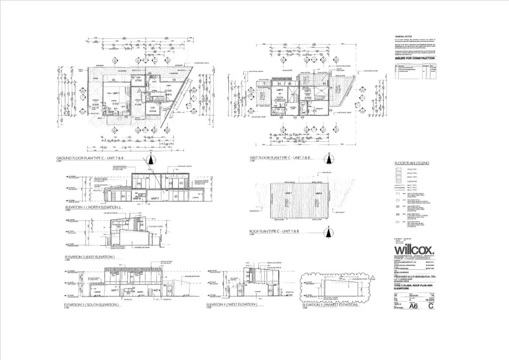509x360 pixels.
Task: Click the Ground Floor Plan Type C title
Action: pyautogui.click(x=92, y=158)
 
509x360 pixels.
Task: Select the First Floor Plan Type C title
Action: pyautogui.click(x=280, y=158)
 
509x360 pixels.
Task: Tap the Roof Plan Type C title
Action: pyautogui.click(x=274, y=231)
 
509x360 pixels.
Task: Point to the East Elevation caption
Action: pyautogui.click(x=90, y=257)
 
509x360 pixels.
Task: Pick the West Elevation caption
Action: pyautogui.click(x=232, y=304)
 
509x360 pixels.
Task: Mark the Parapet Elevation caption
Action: pyautogui.click(x=330, y=305)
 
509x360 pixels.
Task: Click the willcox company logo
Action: pyautogui.click(x=414, y=250)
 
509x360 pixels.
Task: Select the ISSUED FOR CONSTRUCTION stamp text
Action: pyautogui.click(x=415, y=58)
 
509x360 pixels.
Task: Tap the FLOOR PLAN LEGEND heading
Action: pyautogui.click(x=412, y=163)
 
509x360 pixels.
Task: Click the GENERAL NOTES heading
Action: pyautogui.click(x=403, y=36)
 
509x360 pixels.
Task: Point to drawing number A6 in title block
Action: pyautogui.click(x=413, y=306)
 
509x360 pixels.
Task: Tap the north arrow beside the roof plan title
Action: pyautogui.click(x=329, y=232)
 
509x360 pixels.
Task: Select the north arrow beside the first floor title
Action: pyautogui.click(x=329, y=159)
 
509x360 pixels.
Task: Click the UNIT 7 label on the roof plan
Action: pyautogui.click(x=288, y=193)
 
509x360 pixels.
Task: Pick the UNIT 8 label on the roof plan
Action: pyautogui.click(x=318, y=193)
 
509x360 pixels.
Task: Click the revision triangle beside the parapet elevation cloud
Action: pyautogui.click(x=372, y=277)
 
